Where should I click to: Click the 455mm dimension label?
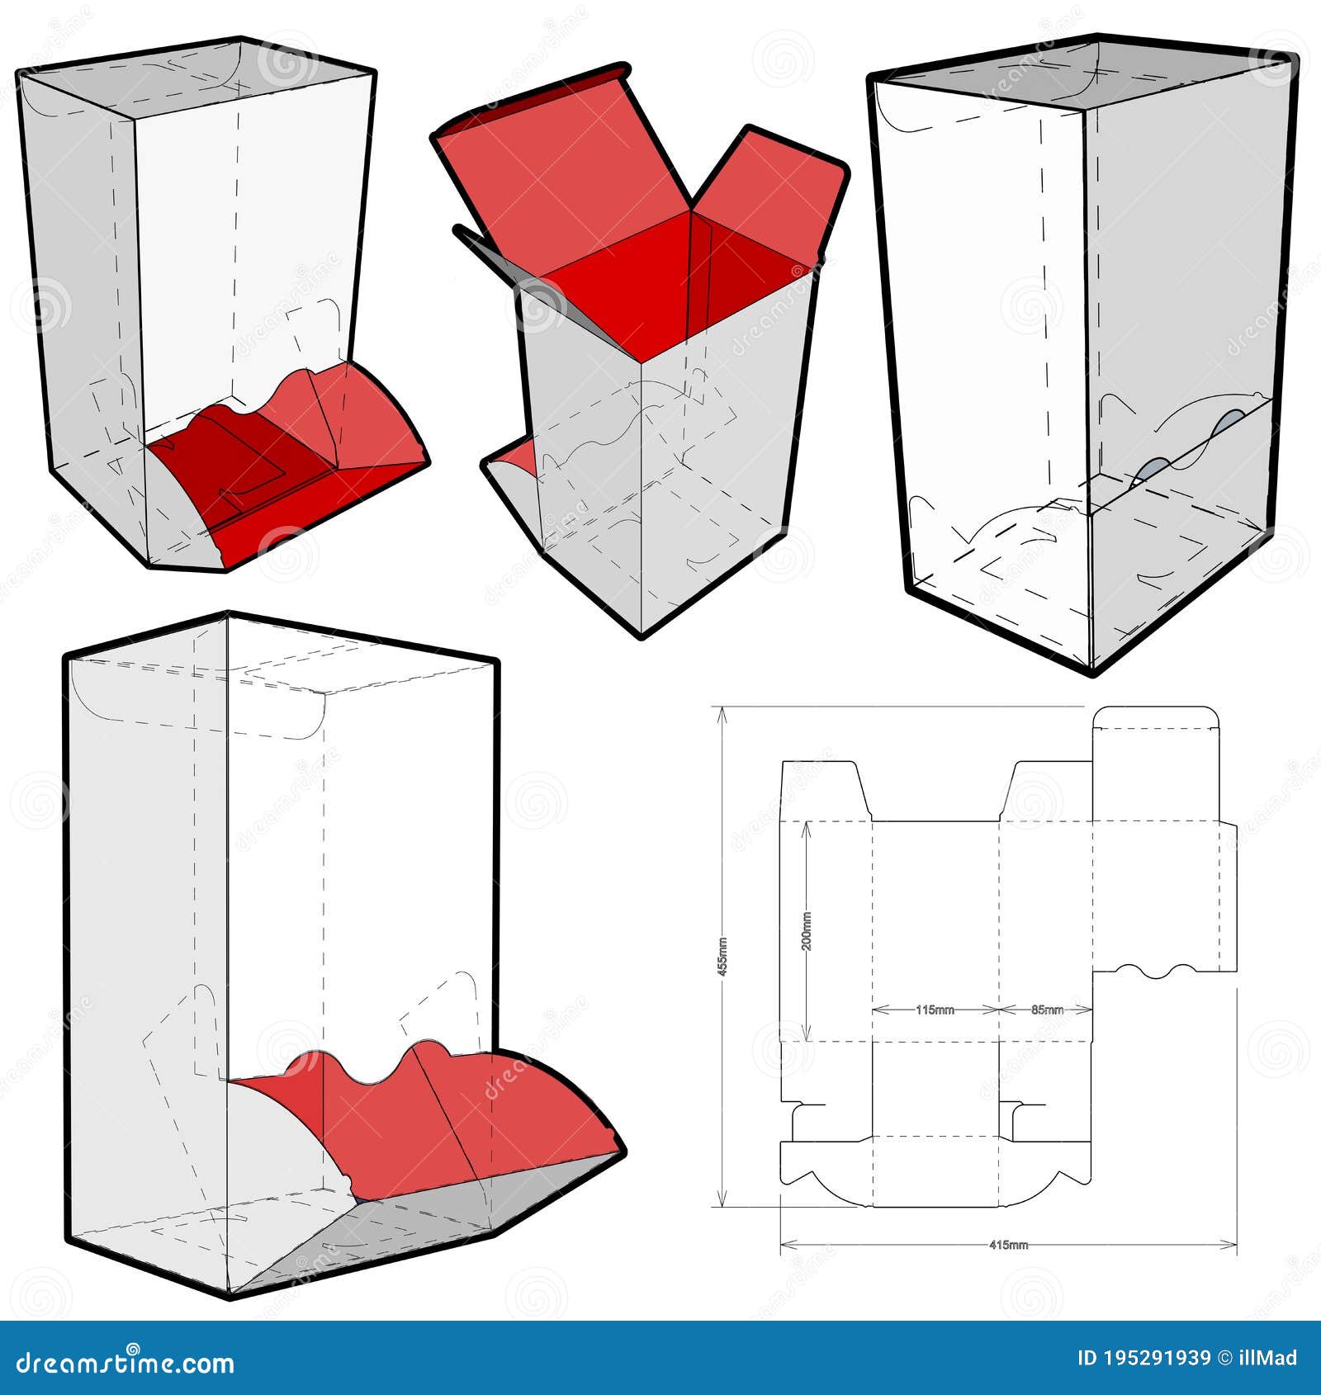tap(722, 957)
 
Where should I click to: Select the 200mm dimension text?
tap(807, 931)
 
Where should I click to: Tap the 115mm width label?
tap(935, 1010)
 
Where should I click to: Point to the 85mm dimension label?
tap(1047, 1010)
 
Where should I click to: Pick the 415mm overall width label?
tap(1007, 1268)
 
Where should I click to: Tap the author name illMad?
tap(1269, 1359)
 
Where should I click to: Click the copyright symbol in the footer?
tap(1225, 1359)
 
